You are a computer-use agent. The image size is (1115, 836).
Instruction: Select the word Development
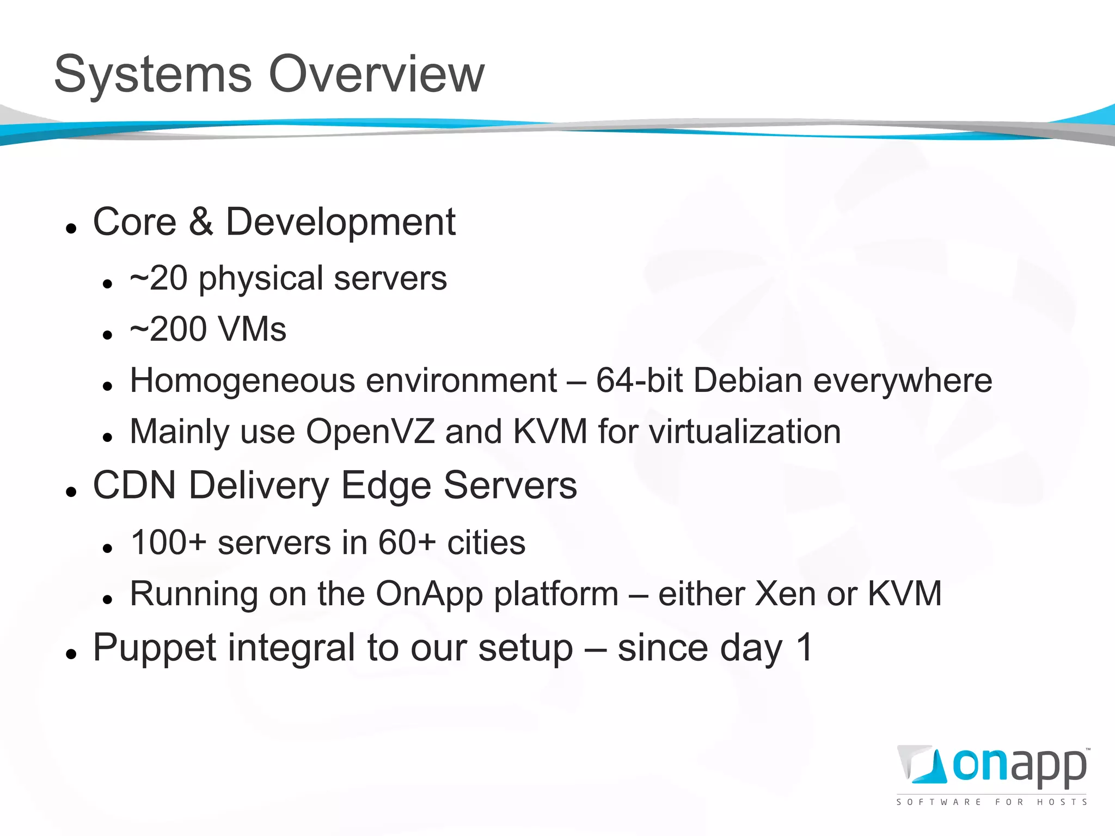[x=340, y=223]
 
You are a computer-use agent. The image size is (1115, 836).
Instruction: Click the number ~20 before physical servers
[x=159, y=278]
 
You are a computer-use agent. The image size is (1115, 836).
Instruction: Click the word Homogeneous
[x=242, y=381]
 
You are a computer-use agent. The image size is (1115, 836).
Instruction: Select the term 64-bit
[x=639, y=380]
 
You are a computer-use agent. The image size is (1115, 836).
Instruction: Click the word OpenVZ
[x=370, y=432]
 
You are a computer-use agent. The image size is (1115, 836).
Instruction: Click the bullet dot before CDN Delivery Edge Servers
[x=71, y=492]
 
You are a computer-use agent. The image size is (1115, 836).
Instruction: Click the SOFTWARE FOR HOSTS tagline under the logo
[x=991, y=802]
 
